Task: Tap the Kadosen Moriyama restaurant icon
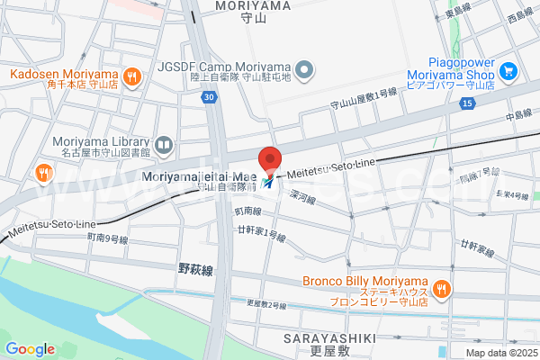[x=132, y=76]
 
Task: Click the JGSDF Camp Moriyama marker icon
[x=305, y=68]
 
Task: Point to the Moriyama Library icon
[x=164, y=143]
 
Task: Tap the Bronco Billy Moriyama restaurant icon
[x=440, y=288]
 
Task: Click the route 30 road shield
[x=209, y=97]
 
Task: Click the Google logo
[x=30, y=349]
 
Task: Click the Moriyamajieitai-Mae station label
[x=199, y=176]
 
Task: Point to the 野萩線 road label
[x=194, y=268]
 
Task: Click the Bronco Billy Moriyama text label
[x=364, y=281]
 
